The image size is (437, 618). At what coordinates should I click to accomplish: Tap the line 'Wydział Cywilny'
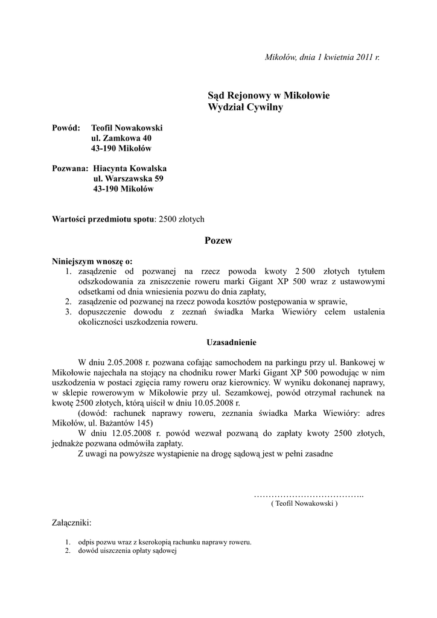(x=245, y=107)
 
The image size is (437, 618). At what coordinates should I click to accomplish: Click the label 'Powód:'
(x=66, y=128)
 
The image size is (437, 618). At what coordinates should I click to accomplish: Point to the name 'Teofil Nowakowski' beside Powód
(x=127, y=128)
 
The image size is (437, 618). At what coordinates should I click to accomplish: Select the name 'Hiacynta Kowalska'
(x=130, y=168)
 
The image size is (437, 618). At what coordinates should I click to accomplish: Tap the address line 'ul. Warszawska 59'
(x=128, y=179)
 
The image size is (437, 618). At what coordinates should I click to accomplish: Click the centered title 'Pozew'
(x=218, y=240)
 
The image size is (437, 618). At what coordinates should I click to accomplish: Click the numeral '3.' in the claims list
(x=68, y=312)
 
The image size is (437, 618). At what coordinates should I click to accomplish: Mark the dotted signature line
(x=308, y=495)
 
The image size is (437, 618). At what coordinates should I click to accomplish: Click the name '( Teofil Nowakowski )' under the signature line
(x=305, y=503)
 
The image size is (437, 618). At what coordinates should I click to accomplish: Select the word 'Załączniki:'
(x=72, y=523)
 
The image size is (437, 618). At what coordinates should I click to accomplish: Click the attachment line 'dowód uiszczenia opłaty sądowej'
(x=126, y=551)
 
